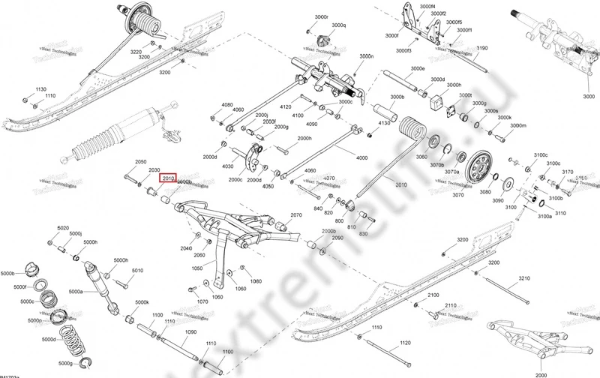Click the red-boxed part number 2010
168,178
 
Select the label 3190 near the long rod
481,48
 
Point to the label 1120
406,342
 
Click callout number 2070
296,214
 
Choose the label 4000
362,157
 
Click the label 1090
190,331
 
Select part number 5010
137,270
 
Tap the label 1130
40,88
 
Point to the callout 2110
450,307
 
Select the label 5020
63,227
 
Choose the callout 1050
198,267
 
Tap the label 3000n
366,56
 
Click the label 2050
140,162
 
